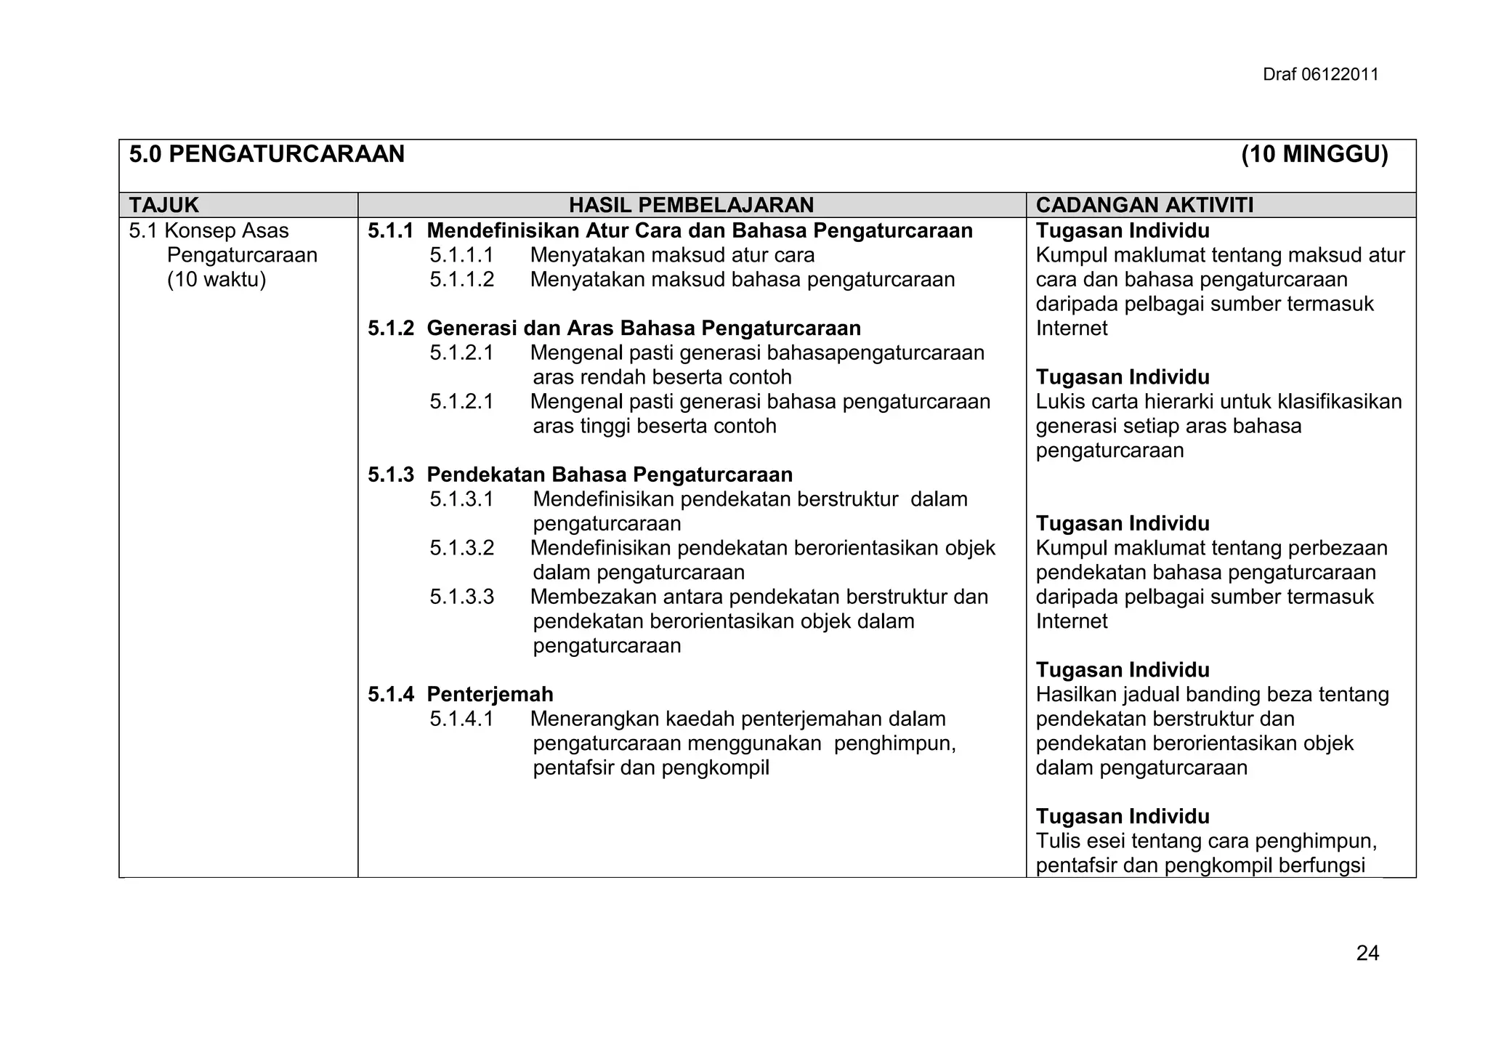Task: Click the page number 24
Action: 1367,953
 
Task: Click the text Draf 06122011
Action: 1320,75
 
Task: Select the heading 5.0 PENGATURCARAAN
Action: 267,155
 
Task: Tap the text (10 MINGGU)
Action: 1314,155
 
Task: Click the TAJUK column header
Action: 164,206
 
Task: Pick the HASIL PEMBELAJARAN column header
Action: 691,206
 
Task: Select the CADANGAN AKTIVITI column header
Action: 1144,206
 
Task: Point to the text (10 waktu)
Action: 217,280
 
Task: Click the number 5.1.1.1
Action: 461,256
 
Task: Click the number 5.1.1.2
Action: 461,280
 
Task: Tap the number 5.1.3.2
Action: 461,548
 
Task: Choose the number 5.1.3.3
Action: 461,597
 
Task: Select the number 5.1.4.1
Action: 461,719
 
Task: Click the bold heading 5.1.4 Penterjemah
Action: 460,695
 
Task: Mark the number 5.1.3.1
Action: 461,499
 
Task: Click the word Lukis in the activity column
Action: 1057,402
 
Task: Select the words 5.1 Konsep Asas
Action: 209,231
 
